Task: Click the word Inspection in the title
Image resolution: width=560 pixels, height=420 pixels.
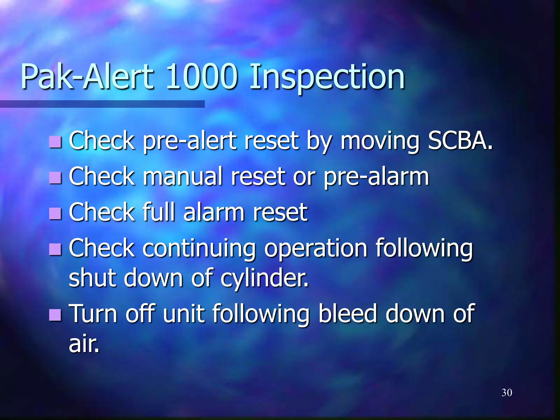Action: pos(327,77)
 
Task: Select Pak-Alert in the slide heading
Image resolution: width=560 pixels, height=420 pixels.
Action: pos(87,77)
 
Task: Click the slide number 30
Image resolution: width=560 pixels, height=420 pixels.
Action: pos(507,393)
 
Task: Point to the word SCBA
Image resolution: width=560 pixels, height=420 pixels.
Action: pos(460,141)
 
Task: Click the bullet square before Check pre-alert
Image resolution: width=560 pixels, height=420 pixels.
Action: pos(56,142)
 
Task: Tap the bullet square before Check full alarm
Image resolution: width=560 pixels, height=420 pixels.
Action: pos(56,213)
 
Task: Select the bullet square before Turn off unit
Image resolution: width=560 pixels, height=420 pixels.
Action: pos(56,315)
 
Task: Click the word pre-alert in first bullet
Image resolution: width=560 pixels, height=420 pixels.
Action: pos(190,142)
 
